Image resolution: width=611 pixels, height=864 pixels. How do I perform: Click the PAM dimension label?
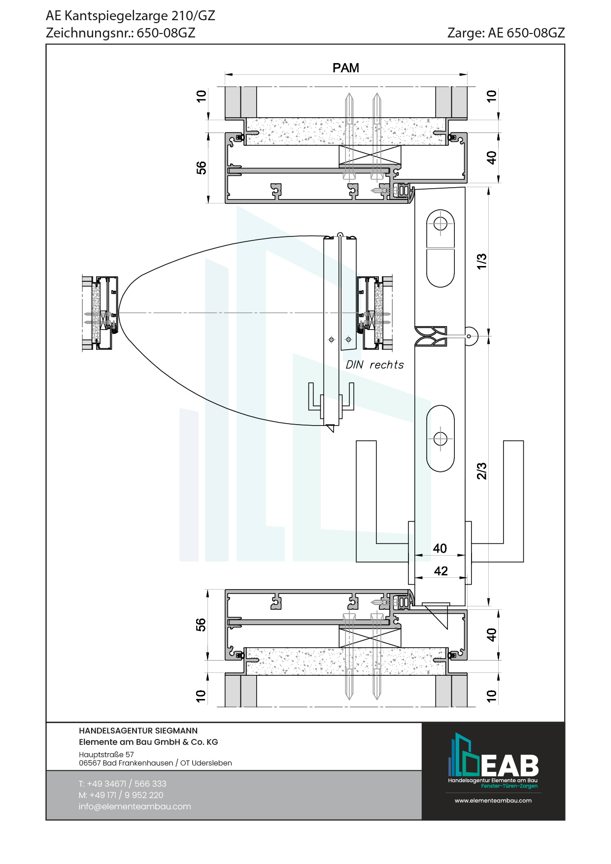tap(345, 68)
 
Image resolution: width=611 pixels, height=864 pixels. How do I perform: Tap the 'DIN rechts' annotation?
tap(374, 365)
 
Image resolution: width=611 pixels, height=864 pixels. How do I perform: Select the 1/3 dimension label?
tap(481, 261)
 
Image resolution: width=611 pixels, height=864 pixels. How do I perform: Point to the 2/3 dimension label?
tap(481, 471)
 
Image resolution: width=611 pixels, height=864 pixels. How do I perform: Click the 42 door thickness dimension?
tap(441, 571)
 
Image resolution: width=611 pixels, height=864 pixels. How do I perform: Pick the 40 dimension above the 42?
tap(440, 548)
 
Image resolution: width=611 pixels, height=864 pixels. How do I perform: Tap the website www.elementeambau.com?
tap(493, 800)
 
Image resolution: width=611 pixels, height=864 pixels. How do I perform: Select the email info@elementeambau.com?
tap(135, 806)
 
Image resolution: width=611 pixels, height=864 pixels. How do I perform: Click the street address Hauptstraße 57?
tap(106, 754)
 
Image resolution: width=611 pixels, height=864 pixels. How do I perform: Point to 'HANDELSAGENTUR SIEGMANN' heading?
tap(138, 731)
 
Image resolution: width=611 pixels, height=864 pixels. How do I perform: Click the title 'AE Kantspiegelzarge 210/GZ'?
tap(131, 16)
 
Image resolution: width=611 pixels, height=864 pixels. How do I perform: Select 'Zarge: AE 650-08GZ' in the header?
tap(506, 33)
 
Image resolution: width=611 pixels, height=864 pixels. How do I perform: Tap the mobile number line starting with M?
tap(121, 795)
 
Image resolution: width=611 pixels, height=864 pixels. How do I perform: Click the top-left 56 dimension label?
tap(201, 168)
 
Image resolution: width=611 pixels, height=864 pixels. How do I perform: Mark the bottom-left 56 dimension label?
tap(201, 625)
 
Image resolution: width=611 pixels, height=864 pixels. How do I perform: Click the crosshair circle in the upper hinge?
tap(440, 224)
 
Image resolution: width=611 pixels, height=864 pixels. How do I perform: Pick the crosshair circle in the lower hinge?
tap(440, 438)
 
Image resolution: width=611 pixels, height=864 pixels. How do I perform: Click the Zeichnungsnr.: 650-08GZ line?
tap(121, 33)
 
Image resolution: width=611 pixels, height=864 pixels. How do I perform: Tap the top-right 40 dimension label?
tap(491, 158)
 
